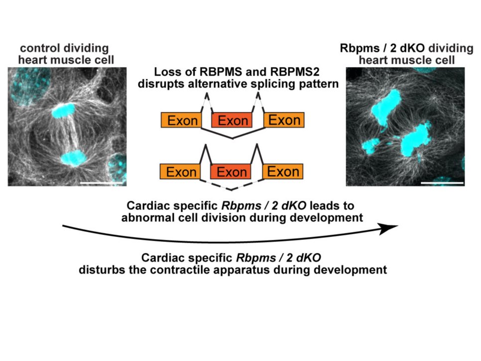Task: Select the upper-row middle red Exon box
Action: [x=232, y=120]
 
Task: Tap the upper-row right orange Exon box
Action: [x=283, y=120]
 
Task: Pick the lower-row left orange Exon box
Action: [x=181, y=172]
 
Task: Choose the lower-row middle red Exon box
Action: [x=232, y=172]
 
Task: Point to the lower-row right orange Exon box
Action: [x=283, y=172]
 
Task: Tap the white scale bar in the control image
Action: [x=102, y=183]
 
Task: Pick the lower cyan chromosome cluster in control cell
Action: [x=75, y=158]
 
